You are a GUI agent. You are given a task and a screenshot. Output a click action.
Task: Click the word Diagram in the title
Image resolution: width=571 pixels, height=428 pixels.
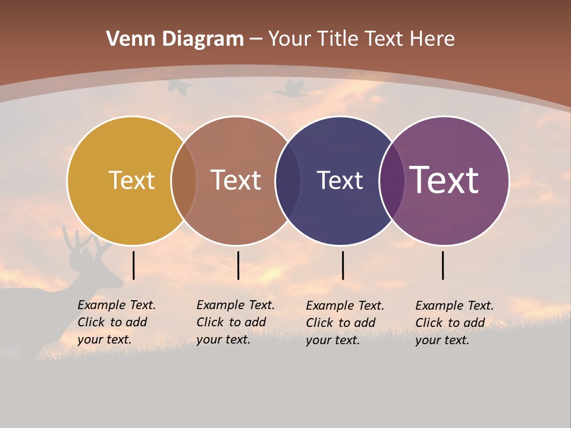tap(203, 39)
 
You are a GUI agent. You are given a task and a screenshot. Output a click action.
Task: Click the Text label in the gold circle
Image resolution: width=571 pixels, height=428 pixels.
tap(131, 180)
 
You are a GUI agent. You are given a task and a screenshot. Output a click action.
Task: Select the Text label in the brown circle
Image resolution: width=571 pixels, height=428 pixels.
tap(236, 180)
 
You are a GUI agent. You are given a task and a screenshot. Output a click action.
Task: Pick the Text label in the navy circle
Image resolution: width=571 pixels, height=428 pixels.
tap(340, 180)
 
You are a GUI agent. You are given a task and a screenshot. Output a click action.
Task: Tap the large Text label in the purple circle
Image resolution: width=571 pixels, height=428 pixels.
tap(444, 180)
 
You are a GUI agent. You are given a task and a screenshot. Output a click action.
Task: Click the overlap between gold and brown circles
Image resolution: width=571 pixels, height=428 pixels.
tap(184, 180)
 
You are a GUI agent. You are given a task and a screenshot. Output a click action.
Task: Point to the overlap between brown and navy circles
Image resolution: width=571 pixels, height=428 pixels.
tap(288, 180)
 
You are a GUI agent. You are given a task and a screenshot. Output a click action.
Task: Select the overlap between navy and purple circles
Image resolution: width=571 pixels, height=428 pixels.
tap(392, 180)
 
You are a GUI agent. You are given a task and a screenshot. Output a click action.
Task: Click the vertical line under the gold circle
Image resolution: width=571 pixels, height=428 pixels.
tap(134, 265)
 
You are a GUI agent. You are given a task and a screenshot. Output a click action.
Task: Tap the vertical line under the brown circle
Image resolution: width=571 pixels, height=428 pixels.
tap(238, 265)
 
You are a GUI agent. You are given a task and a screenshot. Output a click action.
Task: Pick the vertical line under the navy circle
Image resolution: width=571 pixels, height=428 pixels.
tap(343, 265)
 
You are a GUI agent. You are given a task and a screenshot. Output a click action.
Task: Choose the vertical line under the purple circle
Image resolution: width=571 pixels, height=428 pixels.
tap(443, 265)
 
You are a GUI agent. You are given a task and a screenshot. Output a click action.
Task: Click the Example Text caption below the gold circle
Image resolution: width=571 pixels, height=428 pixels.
tap(116, 322)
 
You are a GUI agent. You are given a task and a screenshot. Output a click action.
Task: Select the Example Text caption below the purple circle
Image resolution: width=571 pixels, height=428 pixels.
tap(454, 323)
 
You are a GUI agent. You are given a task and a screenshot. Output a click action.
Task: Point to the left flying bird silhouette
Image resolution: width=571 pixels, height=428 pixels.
tap(180, 87)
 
